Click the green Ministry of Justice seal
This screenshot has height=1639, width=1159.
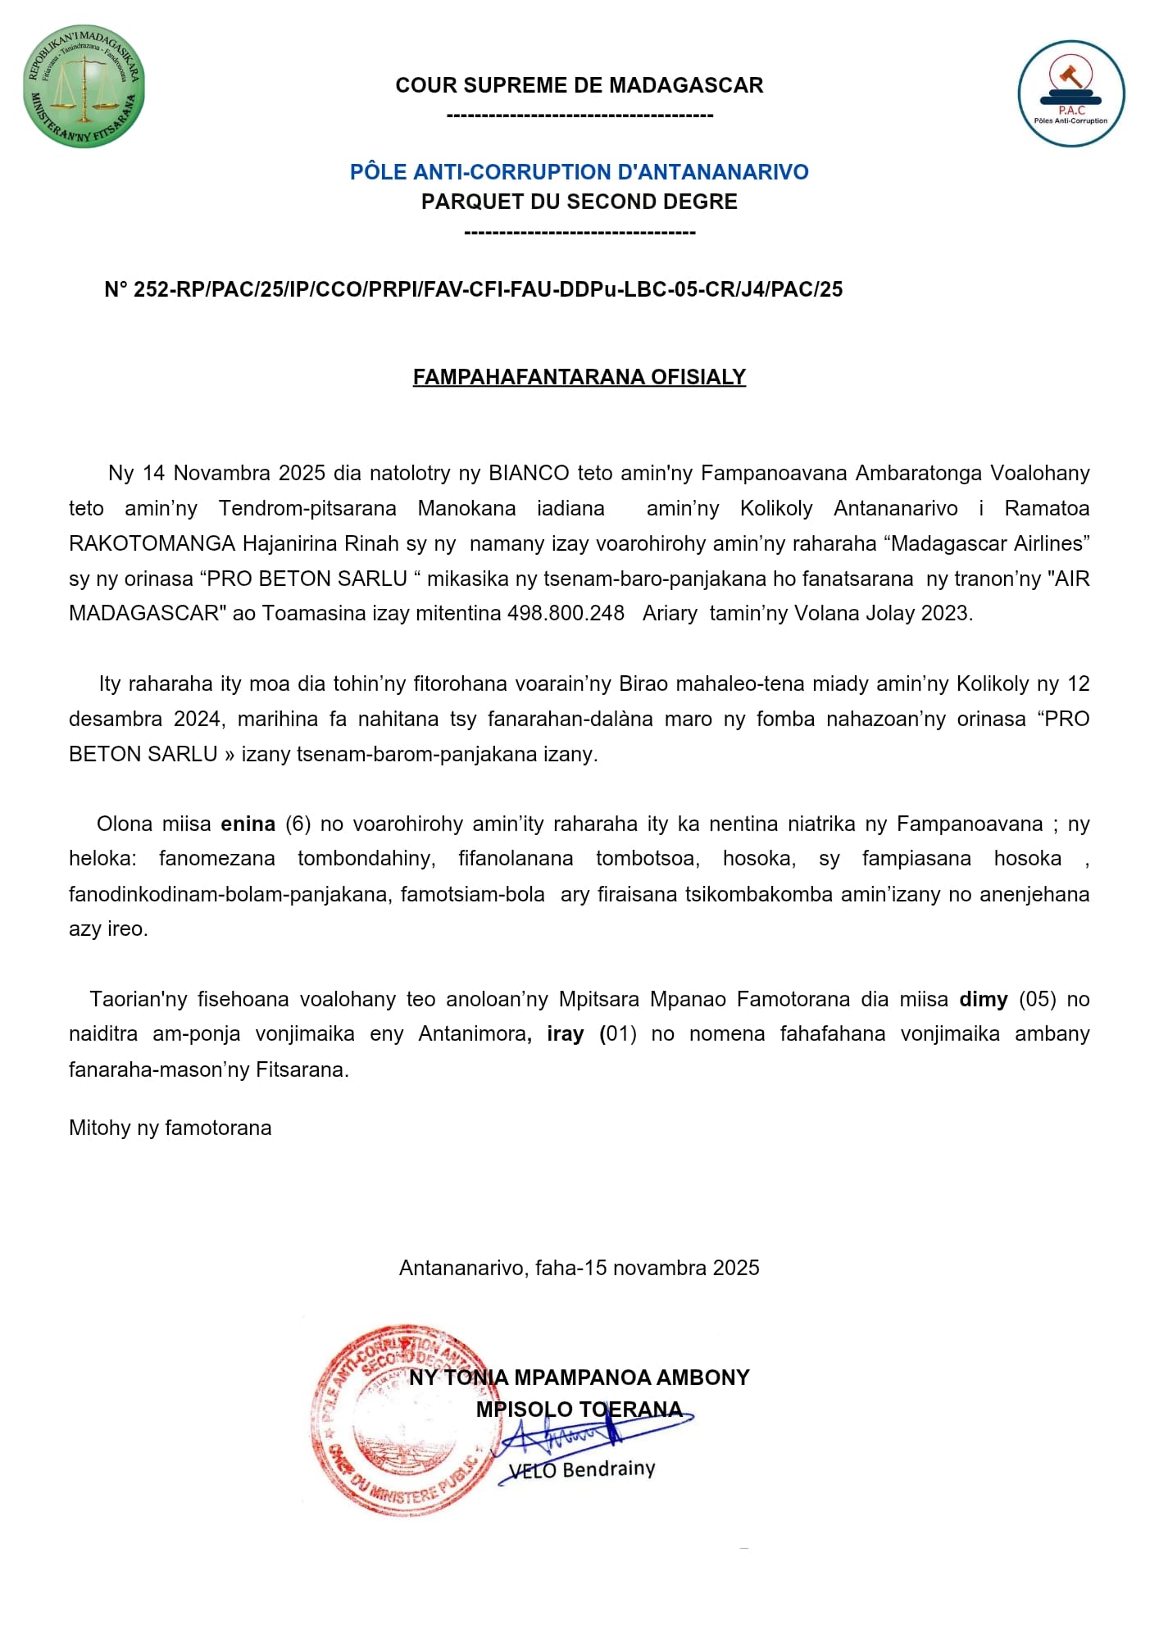click(84, 86)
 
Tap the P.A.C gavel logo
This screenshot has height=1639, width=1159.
click(1070, 93)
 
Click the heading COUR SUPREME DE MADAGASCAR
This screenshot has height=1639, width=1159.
click(579, 85)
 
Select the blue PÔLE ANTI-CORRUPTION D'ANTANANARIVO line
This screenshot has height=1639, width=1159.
click(579, 172)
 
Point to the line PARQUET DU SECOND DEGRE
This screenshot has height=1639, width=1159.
click(579, 202)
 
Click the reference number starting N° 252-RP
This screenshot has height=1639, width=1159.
click(473, 289)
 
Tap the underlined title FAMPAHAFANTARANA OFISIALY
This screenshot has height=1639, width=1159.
click(579, 377)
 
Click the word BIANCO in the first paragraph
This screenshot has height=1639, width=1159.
click(529, 473)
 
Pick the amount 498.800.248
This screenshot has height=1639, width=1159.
click(566, 613)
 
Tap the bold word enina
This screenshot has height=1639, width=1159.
click(248, 824)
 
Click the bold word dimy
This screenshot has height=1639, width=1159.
click(983, 999)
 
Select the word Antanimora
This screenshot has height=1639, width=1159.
click(472, 1034)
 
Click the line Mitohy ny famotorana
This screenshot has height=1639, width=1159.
click(170, 1128)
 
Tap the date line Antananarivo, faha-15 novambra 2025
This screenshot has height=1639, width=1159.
click(579, 1268)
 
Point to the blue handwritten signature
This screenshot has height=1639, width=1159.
click(590, 1434)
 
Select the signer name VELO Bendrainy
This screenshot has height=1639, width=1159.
click(582, 1469)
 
